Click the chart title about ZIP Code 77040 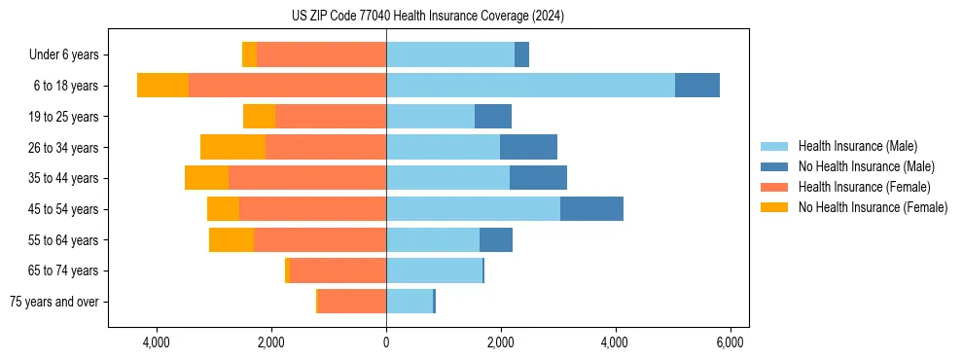click(427, 17)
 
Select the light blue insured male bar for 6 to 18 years click(530, 86)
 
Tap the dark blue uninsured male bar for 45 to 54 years click(591, 209)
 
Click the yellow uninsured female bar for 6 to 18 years click(162, 86)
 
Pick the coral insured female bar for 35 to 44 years click(306, 178)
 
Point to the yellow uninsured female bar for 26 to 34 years click(232, 147)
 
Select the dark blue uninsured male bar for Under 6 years click(521, 54)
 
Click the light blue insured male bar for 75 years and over click(409, 302)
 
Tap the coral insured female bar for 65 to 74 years click(338, 270)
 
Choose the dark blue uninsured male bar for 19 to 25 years click(493, 117)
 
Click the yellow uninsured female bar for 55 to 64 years click(232, 240)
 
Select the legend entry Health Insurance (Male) click(857, 146)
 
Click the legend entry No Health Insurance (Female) click(873, 207)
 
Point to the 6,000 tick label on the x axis click(730, 342)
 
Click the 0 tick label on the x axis click(386, 342)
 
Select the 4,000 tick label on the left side click(156, 342)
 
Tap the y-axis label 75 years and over click(53, 302)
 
